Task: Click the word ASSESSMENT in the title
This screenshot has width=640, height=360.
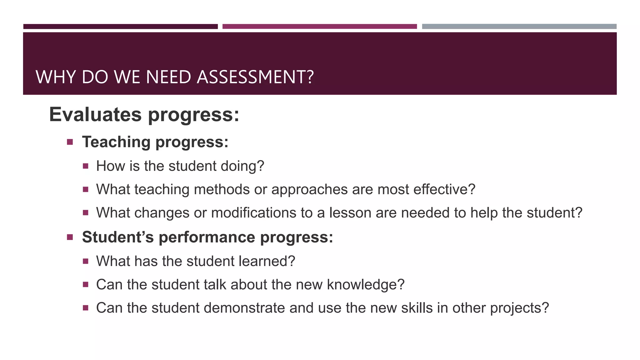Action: (255, 77)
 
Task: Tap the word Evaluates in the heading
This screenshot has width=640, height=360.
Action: (95, 114)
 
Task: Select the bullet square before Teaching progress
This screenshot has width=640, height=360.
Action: (70, 142)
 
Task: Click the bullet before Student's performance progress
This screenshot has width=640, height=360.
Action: (70, 237)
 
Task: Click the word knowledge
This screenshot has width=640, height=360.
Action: (365, 285)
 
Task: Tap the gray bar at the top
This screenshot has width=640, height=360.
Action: (519, 27)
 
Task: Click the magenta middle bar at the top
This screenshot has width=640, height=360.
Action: (319, 27)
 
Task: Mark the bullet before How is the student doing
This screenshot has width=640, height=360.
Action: (86, 166)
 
